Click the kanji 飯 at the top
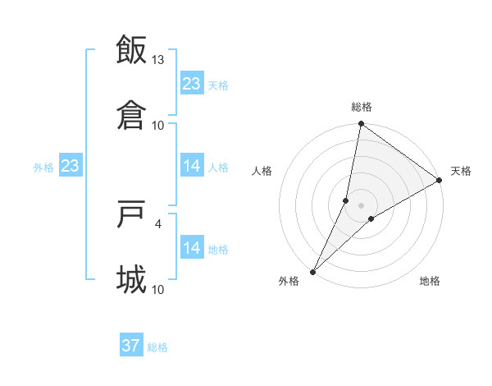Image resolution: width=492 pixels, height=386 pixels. tap(131, 49)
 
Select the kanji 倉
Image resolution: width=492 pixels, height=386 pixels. tap(131, 114)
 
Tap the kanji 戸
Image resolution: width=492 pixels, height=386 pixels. tap(131, 214)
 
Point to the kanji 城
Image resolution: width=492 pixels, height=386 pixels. tap(131, 279)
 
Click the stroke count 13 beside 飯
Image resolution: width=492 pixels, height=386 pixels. tap(158, 60)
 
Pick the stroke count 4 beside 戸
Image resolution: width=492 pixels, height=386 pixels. tap(158, 223)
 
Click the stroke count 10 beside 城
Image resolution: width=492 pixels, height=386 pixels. tap(158, 289)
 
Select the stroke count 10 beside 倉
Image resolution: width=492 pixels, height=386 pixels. tap(158, 125)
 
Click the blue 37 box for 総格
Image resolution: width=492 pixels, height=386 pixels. tap(131, 346)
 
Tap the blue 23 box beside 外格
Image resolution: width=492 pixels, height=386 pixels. tap(70, 166)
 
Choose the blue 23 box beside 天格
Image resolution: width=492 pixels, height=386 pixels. tap(192, 83)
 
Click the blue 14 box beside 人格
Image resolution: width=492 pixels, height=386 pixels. tap(192, 166)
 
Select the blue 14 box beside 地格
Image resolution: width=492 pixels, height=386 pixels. tap(192, 247)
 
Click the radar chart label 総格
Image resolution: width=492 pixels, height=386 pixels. tap(362, 107)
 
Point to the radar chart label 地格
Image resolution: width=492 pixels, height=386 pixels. tap(430, 282)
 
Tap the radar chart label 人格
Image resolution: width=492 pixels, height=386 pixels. tap(262, 171)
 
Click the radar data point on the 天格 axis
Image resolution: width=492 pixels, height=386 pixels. tap(440, 181)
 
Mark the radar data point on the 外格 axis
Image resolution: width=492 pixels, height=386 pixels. tap(313, 271)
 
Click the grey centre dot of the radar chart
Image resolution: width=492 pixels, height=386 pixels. tap(362, 205)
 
